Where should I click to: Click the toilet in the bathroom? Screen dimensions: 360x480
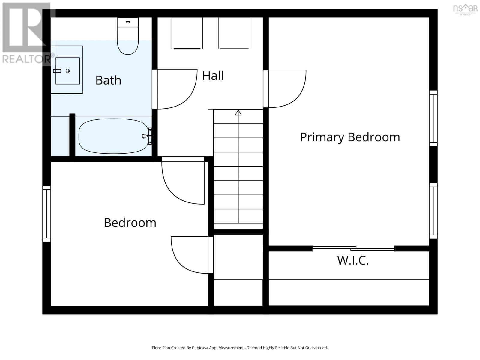point(128,37)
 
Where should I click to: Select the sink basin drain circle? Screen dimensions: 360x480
point(68,71)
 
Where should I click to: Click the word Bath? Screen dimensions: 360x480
point(108,80)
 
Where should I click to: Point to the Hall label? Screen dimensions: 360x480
point(213,76)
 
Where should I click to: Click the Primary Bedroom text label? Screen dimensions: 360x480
point(350,137)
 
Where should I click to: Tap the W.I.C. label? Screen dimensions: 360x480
point(353,260)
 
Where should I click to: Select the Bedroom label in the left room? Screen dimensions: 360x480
point(130,223)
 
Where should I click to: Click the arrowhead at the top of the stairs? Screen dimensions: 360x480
point(238,112)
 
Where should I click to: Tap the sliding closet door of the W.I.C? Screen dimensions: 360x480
point(353,248)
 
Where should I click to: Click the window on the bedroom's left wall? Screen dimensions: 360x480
point(46,214)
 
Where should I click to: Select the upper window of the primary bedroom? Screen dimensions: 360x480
point(433,118)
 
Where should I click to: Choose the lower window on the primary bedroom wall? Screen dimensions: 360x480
point(433,211)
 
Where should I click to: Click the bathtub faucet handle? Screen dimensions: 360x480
point(145,136)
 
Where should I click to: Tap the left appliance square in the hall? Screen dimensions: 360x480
point(187,33)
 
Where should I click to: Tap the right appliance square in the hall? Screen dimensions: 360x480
point(234,33)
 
